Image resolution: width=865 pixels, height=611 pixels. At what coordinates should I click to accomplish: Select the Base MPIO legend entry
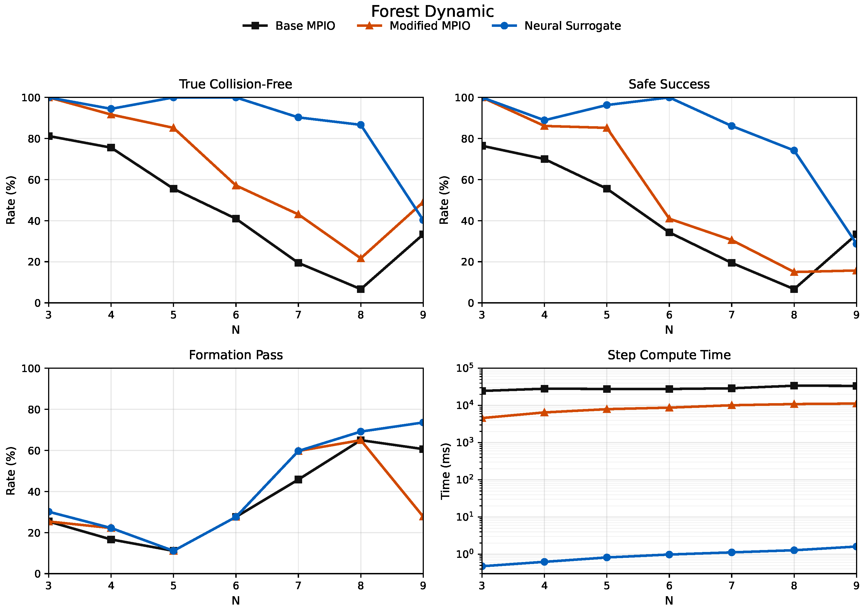click(x=289, y=26)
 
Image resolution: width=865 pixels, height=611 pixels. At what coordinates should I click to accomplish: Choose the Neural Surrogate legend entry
click(x=556, y=26)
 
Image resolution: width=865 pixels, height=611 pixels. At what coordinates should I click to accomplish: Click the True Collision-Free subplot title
click(x=236, y=84)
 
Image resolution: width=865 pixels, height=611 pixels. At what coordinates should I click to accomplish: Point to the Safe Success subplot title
click(x=669, y=84)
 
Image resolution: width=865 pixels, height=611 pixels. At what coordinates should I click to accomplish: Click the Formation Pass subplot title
click(x=236, y=355)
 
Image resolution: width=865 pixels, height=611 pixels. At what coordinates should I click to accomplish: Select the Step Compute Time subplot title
click(x=669, y=355)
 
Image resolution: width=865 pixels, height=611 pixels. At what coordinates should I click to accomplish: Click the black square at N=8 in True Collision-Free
click(x=361, y=289)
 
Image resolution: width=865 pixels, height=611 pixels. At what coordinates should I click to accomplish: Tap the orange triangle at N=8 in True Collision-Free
click(x=361, y=258)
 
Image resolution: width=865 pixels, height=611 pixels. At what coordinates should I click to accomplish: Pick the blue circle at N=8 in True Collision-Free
click(x=361, y=125)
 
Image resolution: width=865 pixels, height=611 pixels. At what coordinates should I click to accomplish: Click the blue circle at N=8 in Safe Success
click(x=794, y=150)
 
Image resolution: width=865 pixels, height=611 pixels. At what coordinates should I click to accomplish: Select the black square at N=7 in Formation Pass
click(x=298, y=479)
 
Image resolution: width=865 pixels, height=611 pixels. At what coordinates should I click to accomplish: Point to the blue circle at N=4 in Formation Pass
click(x=111, y=528)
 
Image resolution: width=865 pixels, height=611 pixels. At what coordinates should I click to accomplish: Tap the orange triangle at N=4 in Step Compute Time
click(x=544, y=412)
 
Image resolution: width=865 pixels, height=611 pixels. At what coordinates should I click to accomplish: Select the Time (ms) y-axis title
click(x=445, y=471)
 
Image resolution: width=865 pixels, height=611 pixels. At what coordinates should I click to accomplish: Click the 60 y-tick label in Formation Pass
click(x=35, y=450)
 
